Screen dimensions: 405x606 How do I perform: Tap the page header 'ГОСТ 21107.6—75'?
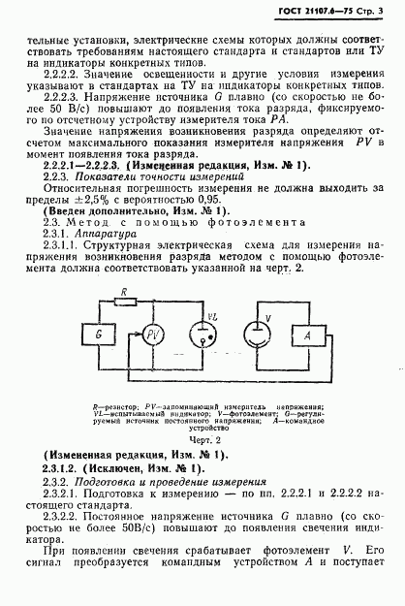click(310, 12)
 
